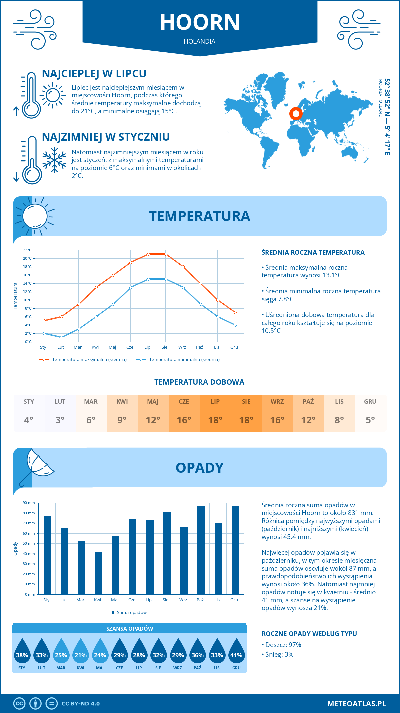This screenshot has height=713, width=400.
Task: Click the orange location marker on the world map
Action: coord(296,114)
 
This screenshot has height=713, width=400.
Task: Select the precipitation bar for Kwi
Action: coord(99,573)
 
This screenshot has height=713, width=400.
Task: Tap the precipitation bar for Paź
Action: coord(201,550)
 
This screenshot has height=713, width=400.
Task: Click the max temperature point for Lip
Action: coord(148,254)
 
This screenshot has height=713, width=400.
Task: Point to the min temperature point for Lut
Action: coord(61,337)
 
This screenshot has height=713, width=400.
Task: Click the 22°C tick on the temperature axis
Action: coord(27,250)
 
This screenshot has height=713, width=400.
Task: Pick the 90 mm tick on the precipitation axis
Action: coord(29,503)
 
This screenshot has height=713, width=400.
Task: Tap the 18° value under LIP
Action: coord(215,420)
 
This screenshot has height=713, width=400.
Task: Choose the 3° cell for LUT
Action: coord(60,420)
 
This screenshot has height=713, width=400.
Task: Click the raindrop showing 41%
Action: coord(236,655)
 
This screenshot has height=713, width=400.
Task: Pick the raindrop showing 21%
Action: coord(81,655)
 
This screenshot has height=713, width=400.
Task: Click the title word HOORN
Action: coord(200,22)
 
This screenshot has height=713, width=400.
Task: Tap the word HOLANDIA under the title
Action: coord(200,41)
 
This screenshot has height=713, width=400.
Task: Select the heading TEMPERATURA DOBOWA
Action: coord(199,382)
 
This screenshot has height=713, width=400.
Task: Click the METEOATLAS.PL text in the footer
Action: coord(357,703)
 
